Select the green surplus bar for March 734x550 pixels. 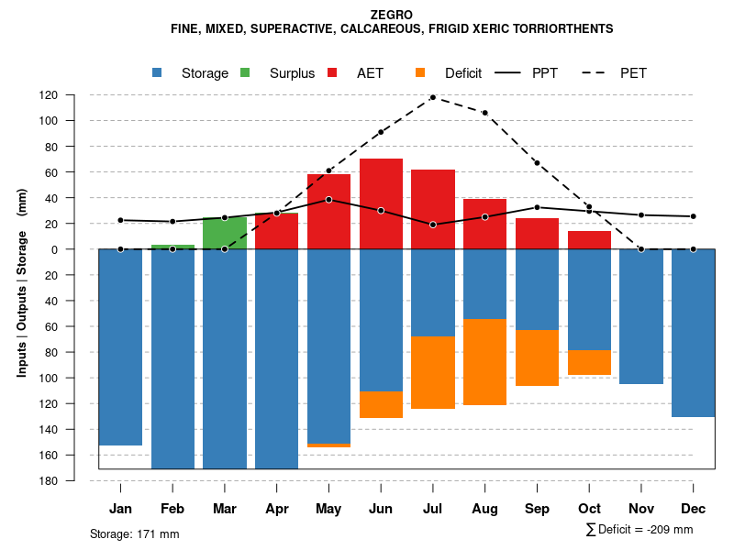coord(225,233)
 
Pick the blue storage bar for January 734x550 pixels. coord(120,346)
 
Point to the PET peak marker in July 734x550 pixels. coord(432,97)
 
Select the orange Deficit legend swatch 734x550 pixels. coord(420,72)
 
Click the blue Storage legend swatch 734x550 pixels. coord(158,72)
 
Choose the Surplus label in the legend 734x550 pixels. coord(292,73)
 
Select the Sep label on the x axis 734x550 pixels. coord(537,509)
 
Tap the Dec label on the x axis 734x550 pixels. coord(694,509)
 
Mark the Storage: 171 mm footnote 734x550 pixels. coord(134,533)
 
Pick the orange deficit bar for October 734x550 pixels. coord(589,362)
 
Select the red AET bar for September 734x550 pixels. coord(537,234)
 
